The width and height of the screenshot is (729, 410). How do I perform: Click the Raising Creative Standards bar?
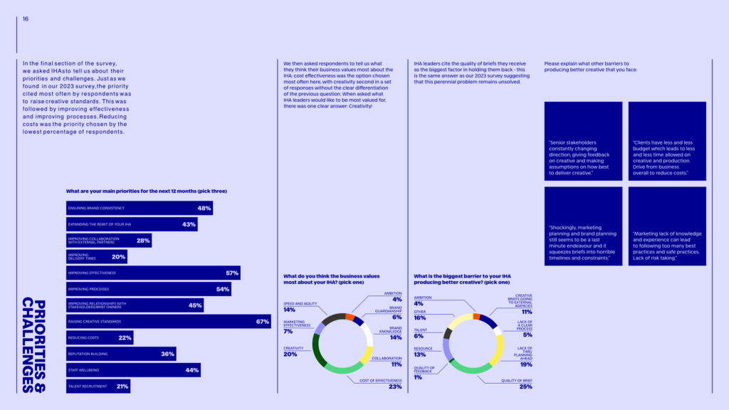click(168, 322)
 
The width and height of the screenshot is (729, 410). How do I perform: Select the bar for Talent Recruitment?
click(98, 387)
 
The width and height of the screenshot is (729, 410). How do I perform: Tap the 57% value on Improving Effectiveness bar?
click(231, 273)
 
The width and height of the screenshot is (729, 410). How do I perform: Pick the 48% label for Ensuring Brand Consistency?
click(204, 209)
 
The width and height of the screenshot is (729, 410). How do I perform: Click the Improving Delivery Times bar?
click(97, 257)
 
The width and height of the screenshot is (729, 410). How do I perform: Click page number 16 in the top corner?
click(26, 19)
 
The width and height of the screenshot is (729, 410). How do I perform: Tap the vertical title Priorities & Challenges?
click(33, 345)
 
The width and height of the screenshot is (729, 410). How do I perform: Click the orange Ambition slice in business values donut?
click(350, 316)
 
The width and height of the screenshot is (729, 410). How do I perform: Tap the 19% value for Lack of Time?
click(526, 364)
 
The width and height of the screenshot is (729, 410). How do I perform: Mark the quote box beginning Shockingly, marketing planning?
click(583, 225)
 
